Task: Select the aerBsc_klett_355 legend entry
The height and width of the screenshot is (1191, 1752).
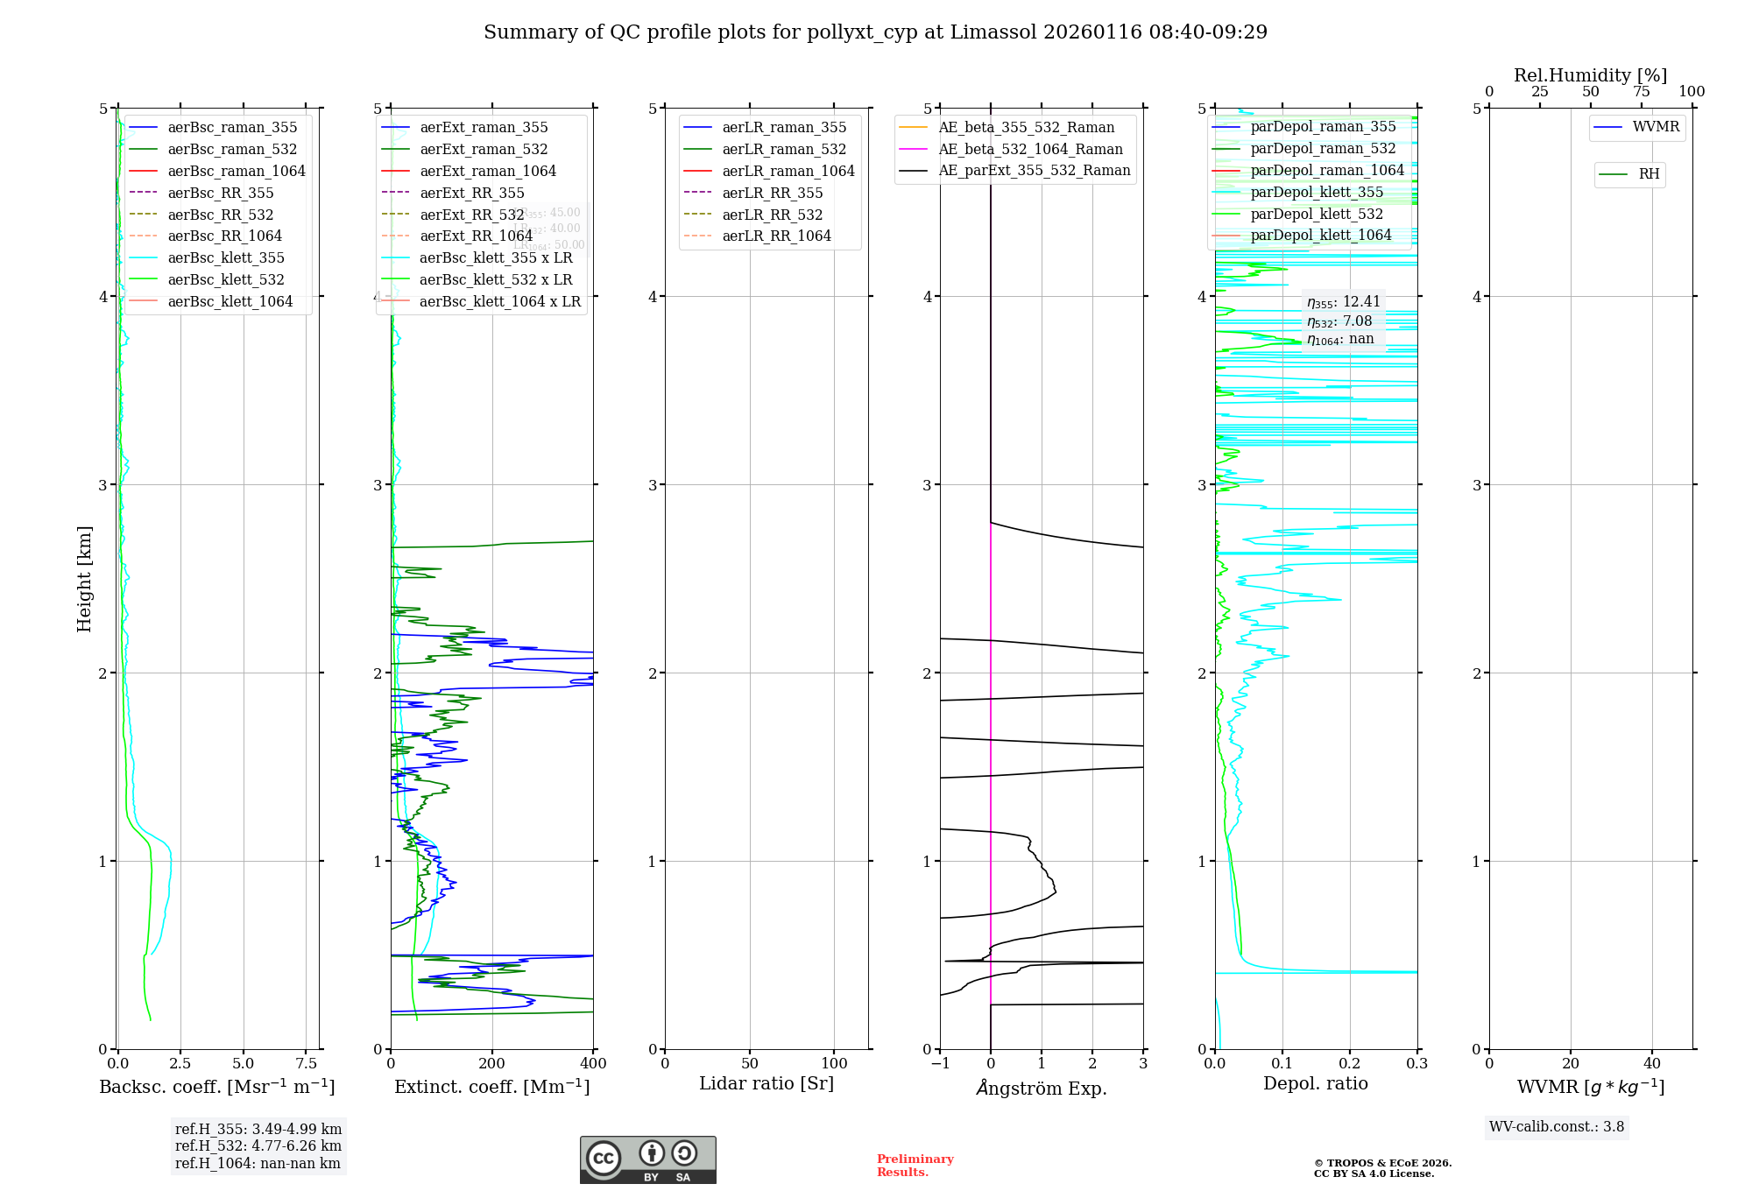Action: [226, 257]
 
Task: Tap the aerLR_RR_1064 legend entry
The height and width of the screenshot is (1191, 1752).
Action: [776, 236]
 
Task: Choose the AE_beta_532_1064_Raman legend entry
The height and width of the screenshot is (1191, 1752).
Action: [1030, 149]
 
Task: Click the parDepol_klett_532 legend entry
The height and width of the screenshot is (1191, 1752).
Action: [1317, 214]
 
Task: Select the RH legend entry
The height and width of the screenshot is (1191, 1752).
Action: [1649, 174]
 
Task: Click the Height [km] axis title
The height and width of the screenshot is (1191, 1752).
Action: [84, 579]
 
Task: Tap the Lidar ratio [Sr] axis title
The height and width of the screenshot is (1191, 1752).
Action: [766, 1083]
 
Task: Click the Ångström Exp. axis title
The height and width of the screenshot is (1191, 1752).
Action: [1042, 1088]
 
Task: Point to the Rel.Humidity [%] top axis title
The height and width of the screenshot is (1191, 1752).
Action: [1590, 75]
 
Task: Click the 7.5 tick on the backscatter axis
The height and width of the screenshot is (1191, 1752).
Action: [306, 1063]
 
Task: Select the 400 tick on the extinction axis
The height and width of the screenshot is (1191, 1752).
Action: [593, 1063]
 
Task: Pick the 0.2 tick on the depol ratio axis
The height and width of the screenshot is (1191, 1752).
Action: [1350, 1063]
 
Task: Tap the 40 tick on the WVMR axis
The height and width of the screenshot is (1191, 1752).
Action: [1652, 1063]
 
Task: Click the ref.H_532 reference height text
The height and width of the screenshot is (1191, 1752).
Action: [258, 1145]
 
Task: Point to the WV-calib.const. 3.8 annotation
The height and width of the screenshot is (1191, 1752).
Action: [1557, 1127]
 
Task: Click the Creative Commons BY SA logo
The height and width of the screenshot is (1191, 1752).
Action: [647, 1159]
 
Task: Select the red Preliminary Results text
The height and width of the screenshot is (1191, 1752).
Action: [915, 1166]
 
